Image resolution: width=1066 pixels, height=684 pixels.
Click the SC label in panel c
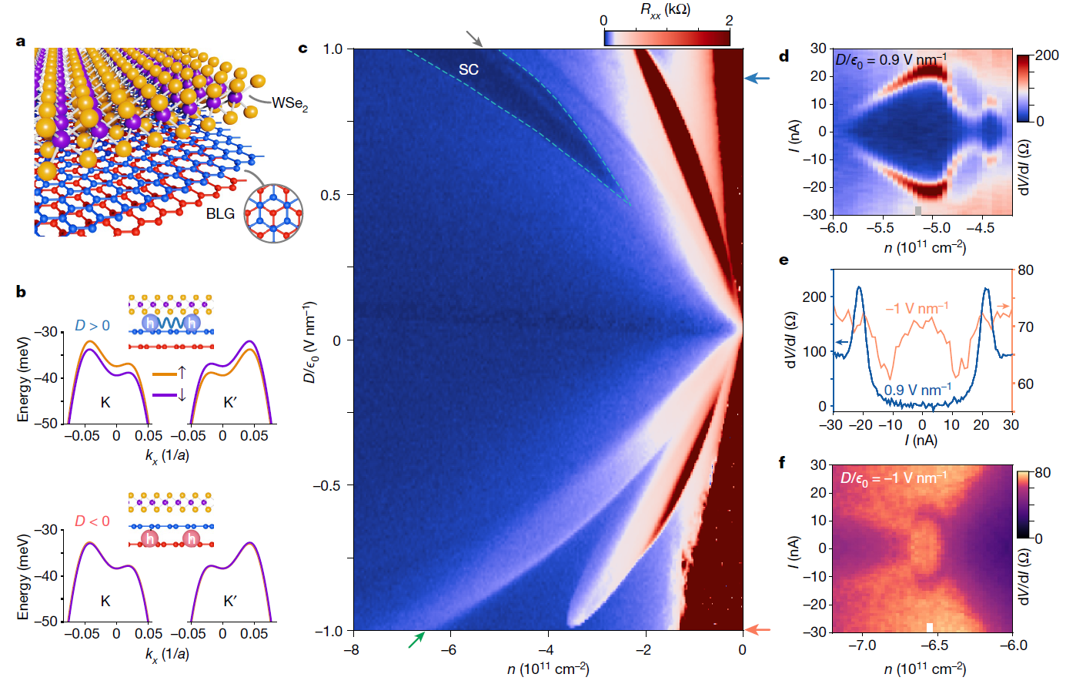click(469, 69)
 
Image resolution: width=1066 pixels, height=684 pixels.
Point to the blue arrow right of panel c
click(757, 79)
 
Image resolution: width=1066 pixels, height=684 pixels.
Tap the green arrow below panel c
click(416, 639)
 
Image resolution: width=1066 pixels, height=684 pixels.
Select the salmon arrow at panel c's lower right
click(757, 630)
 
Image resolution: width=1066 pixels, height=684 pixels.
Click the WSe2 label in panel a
click(289, 103)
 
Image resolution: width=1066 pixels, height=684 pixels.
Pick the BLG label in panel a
click(220, 213)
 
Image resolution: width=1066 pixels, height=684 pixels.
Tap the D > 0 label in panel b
click(92, 326)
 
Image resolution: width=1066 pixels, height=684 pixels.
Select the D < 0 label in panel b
click(92, 521)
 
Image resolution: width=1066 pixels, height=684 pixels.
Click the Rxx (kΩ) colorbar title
click(665, 10)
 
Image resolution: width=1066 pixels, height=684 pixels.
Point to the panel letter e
click(784, 260)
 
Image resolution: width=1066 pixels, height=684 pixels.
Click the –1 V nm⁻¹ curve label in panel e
click(916, 308)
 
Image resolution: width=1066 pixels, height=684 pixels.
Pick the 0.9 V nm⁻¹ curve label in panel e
click(917, 390)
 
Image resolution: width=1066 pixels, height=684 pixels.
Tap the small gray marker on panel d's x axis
click(918, 210)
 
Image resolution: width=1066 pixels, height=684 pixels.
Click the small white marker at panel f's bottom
click(930, 627)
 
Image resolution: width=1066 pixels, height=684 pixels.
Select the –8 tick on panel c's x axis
click(351, 649)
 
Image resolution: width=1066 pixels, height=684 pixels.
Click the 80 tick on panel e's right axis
click(1025, 270)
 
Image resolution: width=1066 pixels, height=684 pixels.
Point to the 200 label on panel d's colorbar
click(1047, 56)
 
